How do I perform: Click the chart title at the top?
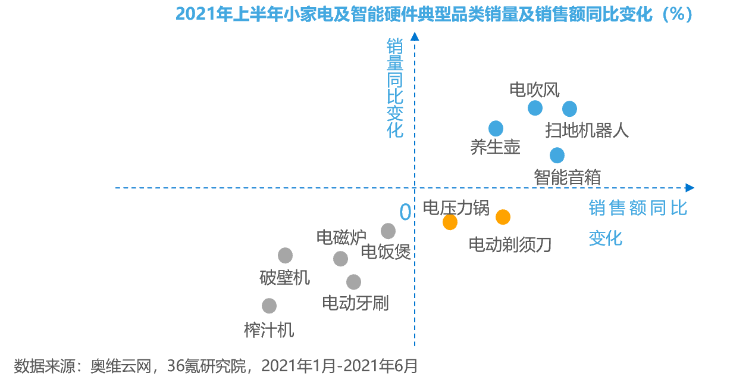point(435,14)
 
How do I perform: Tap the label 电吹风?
point(535,90)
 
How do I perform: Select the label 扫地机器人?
point(587,131)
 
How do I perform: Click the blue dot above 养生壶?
point(496,128)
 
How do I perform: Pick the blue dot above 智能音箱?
point(557,155)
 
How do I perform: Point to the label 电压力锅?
point(456,207)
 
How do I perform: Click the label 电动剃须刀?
point(510,244)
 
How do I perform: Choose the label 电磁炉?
point(341,238)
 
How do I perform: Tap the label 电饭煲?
point(386,252)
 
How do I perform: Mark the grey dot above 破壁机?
point(286,256)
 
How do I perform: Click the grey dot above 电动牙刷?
point(353,282)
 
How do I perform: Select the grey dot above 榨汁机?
point(269,306)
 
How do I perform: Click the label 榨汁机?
point(269,330)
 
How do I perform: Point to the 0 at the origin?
point(405,212)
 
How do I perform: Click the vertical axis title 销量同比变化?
point(395,88)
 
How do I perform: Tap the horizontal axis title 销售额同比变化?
point(638,222)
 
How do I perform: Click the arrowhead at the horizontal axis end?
point(690,188)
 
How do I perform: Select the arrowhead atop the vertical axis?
point(415,36)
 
